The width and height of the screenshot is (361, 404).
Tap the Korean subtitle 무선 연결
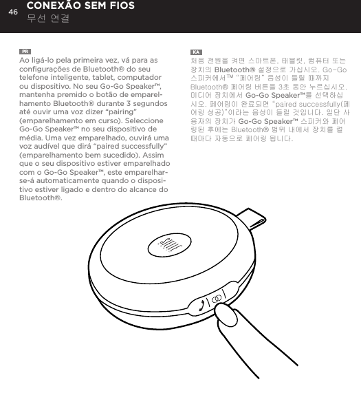(47, 19)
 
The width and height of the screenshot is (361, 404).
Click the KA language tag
(196, 52)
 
